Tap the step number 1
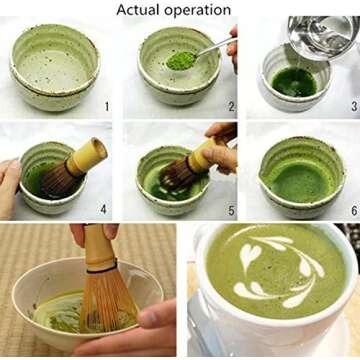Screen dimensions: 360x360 point(106,103)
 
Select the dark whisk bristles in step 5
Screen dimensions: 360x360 point(178,176)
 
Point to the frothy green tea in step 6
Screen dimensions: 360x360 point(297,178)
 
